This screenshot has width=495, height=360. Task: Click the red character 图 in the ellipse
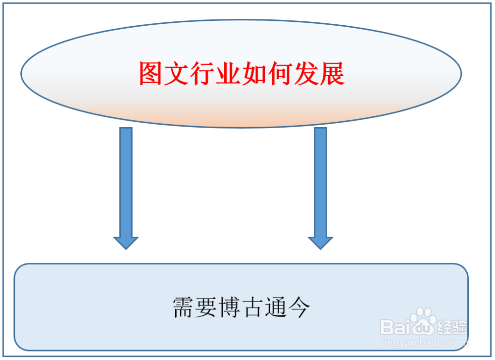click(x=150, y=74)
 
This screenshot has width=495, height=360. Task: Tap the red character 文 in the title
click(x=176, y=74)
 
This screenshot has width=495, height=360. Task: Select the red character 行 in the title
click(x=202, y=74)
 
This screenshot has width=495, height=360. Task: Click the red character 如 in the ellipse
click(x=254, y=74)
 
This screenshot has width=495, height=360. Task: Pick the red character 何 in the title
click(x=280, y=74)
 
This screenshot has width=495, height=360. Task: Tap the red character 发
click(x=306, y=74)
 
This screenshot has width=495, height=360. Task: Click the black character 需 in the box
click(x=183, y=308)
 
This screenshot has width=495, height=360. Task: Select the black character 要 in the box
click(x=206, y=308)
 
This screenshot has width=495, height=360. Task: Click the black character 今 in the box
click(x=298, y=308)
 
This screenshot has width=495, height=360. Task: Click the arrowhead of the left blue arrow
click(x=126, y=242)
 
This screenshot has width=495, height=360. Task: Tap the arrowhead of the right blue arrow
click(x=321, y=242)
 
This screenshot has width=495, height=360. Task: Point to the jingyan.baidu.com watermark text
click(x=423, y=342)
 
